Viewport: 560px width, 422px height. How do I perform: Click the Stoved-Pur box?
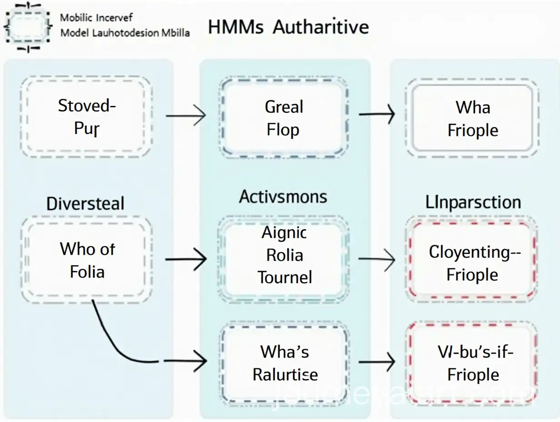tap(86, 117)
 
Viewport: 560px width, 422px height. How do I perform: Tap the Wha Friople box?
tap(472, 119)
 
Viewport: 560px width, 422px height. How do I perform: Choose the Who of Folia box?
tap(86, 260)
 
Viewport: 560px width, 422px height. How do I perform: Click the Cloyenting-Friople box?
tap(472, 263)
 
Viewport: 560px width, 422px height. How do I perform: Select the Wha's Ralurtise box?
tap(284, 362)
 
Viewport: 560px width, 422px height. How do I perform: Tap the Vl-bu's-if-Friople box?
tap(472, 363)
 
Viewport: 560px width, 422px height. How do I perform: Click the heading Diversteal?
tap(85, 203)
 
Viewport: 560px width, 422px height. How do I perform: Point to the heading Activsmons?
tap(283, 197)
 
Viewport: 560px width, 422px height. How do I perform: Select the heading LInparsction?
tap(473, 202)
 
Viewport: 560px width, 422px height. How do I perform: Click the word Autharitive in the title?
tap(321, 27)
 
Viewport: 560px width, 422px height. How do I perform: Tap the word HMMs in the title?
tap(235, 27)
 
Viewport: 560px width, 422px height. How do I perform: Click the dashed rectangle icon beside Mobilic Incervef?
tap(28, 26)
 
